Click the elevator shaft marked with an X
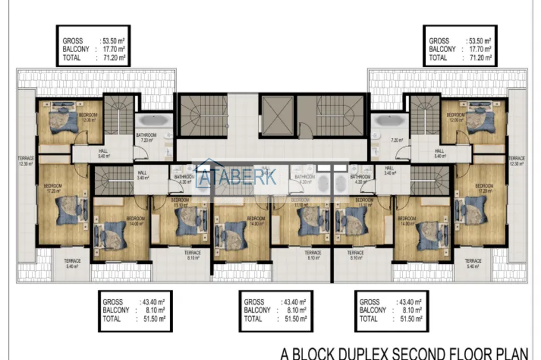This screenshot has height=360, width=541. click(x=277, y=115)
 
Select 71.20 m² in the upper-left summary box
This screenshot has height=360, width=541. click(x=113, y=57)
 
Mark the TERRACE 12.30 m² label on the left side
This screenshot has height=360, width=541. click(x=27, y=161)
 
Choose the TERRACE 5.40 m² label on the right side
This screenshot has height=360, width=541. click(x=472, y=263)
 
